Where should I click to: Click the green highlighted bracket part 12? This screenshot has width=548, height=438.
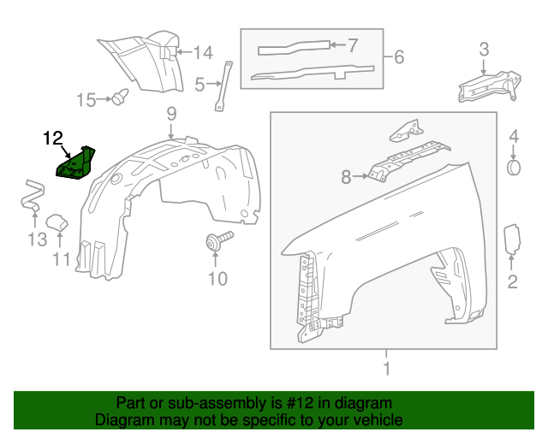click(76, 162)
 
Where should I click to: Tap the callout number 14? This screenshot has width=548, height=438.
click(202, 53)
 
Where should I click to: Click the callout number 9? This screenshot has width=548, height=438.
click(171, 112)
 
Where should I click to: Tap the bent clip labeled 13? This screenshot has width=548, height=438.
click(32, 196)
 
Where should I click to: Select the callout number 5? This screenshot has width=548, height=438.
click(200, 84)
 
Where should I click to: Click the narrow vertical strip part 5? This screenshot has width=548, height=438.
click(224, 86)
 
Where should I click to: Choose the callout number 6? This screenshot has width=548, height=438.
click(398, 58)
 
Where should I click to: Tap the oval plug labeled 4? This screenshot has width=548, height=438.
click(514, 166)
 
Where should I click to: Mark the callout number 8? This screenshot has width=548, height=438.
click(346, 178)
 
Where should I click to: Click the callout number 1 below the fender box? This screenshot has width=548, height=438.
click(386, 369)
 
